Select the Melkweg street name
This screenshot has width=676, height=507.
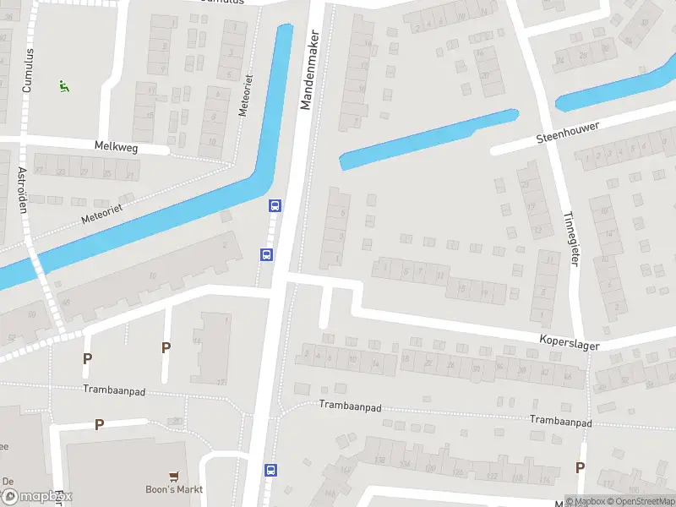point(117,147)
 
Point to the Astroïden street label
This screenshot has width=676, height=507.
point(23,190)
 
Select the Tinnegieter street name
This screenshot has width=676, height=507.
point(570,237)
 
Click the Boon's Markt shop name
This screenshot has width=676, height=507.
point(174,489)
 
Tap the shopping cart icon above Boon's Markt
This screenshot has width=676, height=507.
point(174,476)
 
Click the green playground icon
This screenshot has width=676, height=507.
point(63,85)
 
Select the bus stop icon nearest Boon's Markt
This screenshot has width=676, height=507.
point(270,470)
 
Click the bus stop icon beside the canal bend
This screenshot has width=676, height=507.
point(275,205)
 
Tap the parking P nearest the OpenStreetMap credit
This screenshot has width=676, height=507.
point(580,467)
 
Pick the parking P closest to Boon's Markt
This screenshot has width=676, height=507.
point(99,424)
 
